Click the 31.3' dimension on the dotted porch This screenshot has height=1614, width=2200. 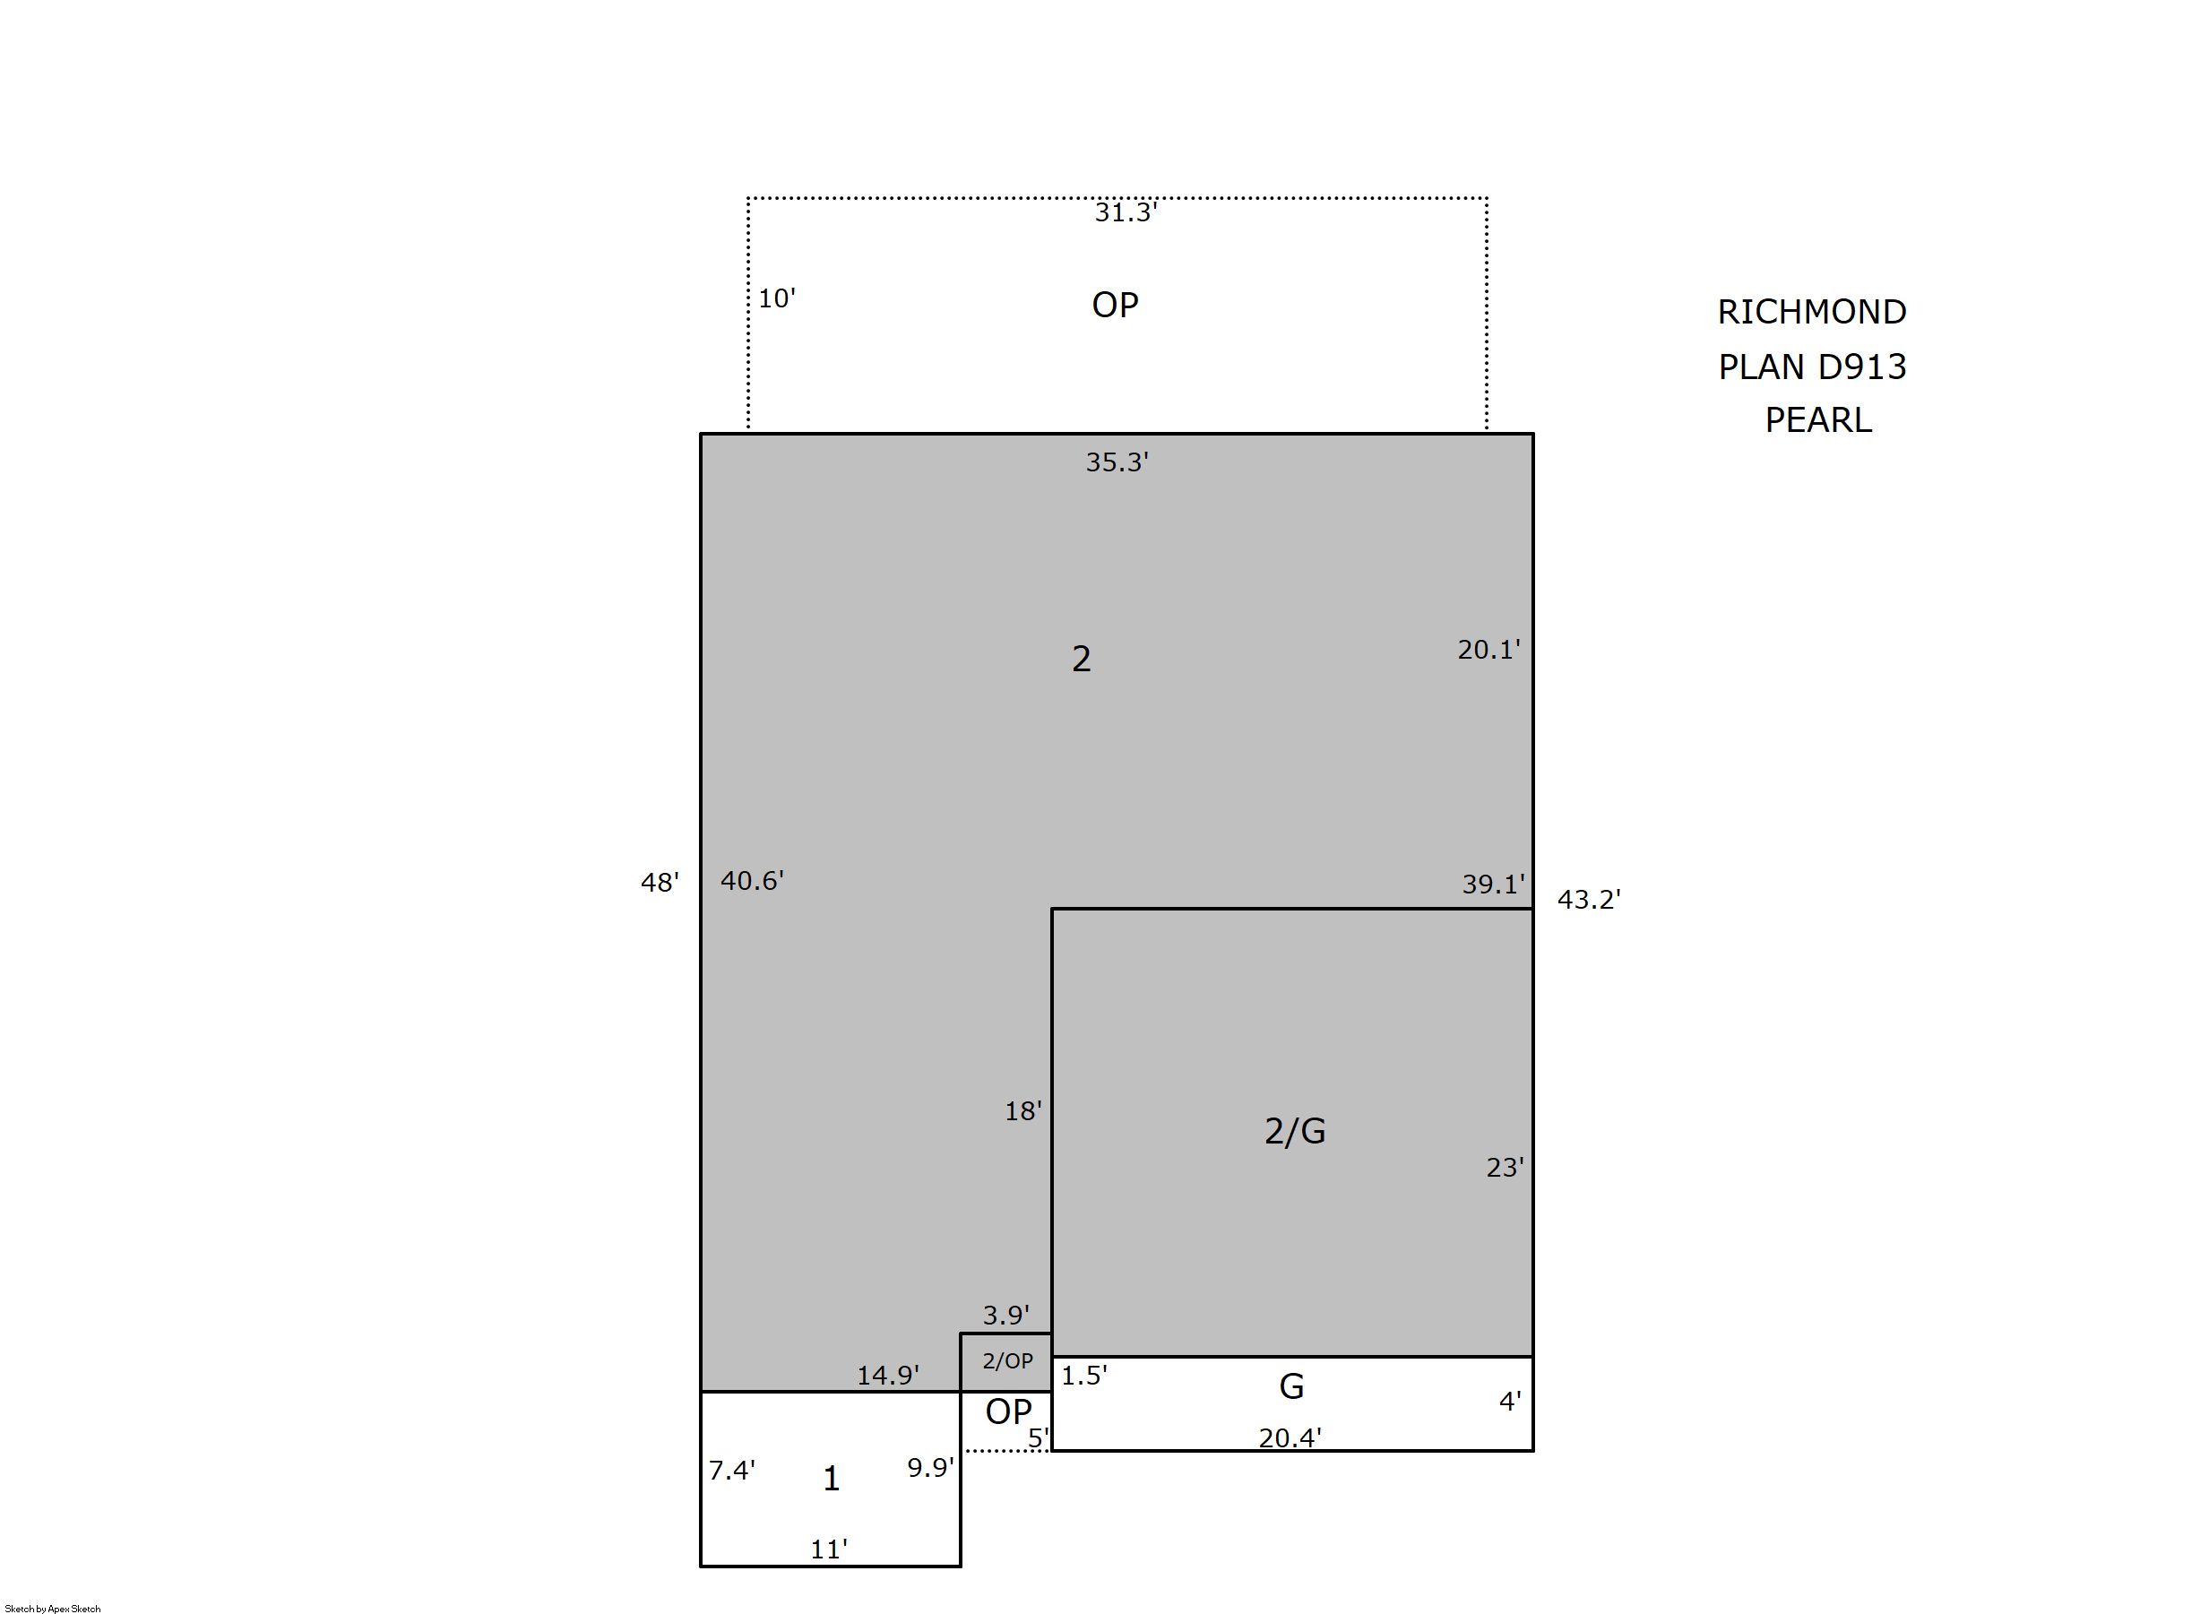tap(1126, 213)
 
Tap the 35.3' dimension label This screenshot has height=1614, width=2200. tap(1117, 462)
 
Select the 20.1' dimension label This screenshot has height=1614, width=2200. tap(1488, 650)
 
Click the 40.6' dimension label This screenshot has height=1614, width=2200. tap(752, 881)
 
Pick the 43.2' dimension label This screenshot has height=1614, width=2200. tap(1589, 900)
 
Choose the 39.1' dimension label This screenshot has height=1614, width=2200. tap(1493, 885)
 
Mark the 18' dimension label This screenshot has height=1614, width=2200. tap(1022, 1111)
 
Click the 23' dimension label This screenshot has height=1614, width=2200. tap(1505, 1168)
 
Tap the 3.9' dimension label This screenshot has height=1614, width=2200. tap(1005, 1315)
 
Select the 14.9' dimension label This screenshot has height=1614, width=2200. tap(887, 1376)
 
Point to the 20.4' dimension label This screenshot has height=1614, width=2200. tap(1290, 1438)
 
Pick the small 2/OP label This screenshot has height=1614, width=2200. tap(1007, 1361)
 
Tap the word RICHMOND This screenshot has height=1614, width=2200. tap(1812, 313)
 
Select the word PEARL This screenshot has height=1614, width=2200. tap(1818, 420)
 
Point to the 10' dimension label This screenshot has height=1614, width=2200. tap(777, 299)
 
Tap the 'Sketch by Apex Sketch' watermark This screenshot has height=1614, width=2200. tap(53, 1608)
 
